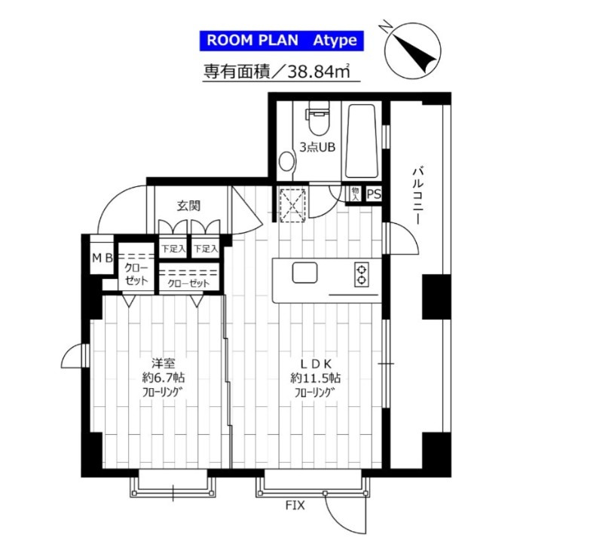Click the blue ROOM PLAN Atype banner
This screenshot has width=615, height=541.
[282, 41]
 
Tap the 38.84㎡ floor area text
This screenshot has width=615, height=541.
[319, 72]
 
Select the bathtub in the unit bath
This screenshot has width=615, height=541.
[362, 141]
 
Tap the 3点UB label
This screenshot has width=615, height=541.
[317, 148]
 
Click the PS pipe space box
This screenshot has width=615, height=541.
[373, 194]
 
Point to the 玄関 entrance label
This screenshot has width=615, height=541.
[188, 206]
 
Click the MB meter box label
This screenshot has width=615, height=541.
[102, 258]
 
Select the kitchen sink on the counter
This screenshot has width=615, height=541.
[304, 273]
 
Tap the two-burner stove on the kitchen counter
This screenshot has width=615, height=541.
[361, 274]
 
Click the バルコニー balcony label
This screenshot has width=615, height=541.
[418, 196]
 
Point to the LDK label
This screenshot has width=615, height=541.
[316, 363]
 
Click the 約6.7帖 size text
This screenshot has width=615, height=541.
[164, 378]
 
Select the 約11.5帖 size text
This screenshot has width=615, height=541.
[315, 378]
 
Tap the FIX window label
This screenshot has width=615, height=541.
[295, 506]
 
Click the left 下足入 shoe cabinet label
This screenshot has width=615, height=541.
[173, 249]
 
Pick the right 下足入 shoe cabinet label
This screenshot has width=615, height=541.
[206, 249]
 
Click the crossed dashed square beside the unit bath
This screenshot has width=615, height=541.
[292, 205]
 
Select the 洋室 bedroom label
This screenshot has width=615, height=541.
[164, 363]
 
